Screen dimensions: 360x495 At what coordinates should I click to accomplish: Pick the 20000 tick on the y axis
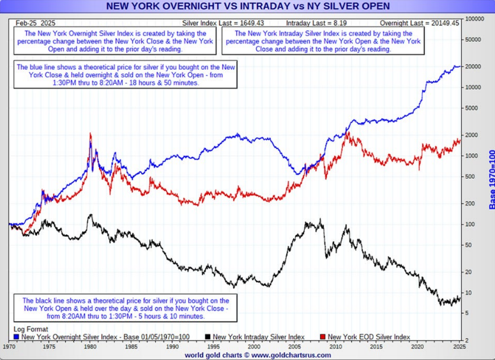(473, 67)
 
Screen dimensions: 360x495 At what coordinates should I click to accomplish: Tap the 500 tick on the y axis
(469, 177)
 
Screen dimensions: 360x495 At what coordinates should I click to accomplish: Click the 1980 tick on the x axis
(91, 347)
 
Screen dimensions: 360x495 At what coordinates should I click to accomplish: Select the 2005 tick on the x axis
(294, 347)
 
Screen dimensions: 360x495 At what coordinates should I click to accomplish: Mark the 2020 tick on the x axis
(417, 347)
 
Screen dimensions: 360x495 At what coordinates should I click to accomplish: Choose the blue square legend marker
(17, 336)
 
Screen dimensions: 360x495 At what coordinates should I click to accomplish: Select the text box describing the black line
(125, 308)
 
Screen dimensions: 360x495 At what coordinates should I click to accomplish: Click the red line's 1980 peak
(91, 134)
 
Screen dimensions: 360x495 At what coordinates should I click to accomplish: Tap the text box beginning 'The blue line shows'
(125, 75)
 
